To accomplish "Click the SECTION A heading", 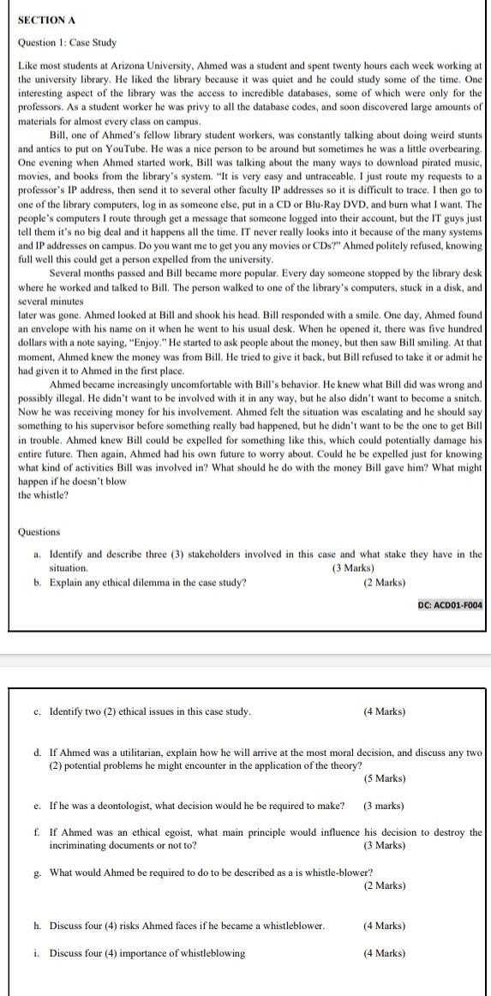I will coord(45,20).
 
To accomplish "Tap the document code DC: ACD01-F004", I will coord(450,605).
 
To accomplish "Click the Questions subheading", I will coord(39,531).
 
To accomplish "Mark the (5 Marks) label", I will coord(384,778).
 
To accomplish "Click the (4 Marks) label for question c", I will coord(384,711).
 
